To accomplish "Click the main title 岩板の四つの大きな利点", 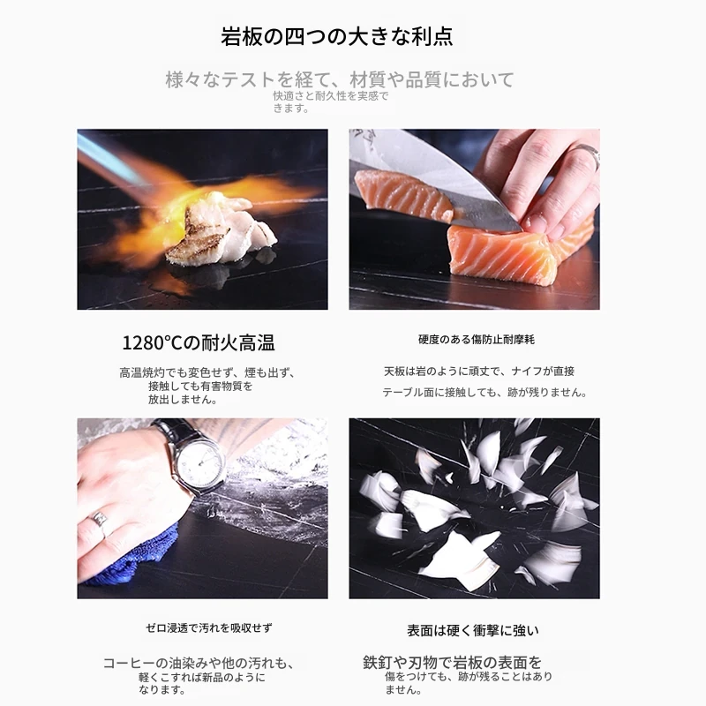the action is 337,36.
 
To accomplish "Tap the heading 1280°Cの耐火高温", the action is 199,343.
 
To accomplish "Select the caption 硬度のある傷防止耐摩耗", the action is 477,340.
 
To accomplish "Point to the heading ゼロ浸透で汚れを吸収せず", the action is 209,627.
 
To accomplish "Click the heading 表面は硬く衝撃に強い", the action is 473,630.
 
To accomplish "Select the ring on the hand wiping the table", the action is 100,522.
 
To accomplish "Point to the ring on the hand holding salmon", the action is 588,155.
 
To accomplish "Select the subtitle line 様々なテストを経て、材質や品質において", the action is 340,79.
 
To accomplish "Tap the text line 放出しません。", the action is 183,400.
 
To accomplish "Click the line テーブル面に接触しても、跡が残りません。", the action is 485,392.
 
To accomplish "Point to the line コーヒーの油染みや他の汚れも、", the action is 199,664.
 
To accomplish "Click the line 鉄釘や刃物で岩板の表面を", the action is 452,663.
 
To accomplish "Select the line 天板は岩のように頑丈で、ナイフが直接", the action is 479,372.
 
